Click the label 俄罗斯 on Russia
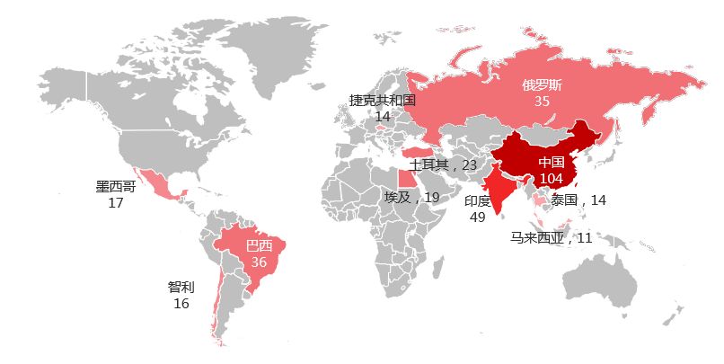click(543, 86)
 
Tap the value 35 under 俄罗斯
click(542, 102)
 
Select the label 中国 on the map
click(551, 163)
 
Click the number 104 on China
click(551, 179)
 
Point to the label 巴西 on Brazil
click(259, 246)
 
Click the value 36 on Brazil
click(259, 262)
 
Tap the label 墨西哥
click(116, 187)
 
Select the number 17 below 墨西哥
click(115, 203)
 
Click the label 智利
click(181, 288)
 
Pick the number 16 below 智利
click(181, 304)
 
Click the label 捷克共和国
click(383, 101)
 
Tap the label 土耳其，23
click(443, 165)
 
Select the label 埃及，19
click(411, 198)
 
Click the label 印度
click(477, 201)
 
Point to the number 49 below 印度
click(477, 218)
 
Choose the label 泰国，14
click(578, 200)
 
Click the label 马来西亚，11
click(552, 238)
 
